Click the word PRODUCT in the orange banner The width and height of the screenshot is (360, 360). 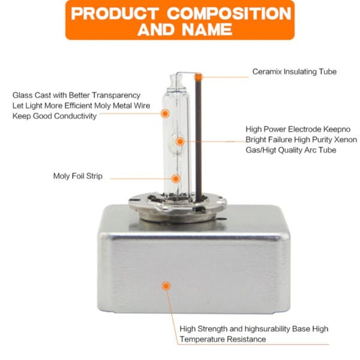(x=115, y=13)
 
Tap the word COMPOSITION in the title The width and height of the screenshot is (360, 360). (x=229, y=13)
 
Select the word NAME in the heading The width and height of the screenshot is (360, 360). (x=207, y=30)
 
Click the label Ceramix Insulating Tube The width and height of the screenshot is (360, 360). (x=295, y=71)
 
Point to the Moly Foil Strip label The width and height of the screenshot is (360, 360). (x=78, y=176)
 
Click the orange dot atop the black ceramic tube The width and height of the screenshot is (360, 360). (x=199, y=77)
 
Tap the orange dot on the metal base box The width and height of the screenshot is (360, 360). (x=166, y=286)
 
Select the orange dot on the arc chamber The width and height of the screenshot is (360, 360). (x=180, y=142)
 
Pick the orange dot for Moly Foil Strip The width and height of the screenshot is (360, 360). (x=176, y=179)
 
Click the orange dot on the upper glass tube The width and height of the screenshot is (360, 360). (x=165, y=113)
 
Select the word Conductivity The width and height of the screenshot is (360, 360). (x=76, y=116)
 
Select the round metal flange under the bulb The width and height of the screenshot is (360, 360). (x=178, y=205)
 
